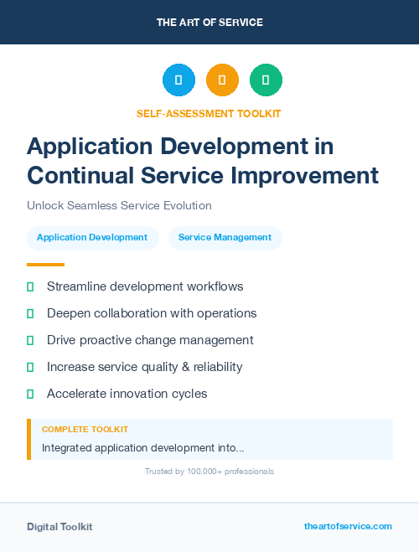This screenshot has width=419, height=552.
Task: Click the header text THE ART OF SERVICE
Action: tap(209, 23)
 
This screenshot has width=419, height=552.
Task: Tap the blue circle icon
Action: tap(178, 80)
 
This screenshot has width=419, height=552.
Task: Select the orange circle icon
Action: tap(222, 80)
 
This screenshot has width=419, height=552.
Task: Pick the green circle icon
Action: tap(266, 80)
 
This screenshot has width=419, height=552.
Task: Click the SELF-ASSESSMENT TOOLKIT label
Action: tap(209, 113)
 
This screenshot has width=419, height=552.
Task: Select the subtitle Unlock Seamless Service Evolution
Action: tap(119, 205)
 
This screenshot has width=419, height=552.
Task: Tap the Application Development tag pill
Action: tap(92, 237)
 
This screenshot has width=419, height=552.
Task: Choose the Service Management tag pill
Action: tap(225, 237)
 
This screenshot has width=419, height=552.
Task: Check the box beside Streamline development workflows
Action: tap(30, 286)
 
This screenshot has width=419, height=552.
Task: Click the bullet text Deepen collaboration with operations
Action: tap(152, 313)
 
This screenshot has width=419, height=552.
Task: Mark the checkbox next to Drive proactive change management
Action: tap(30, 340)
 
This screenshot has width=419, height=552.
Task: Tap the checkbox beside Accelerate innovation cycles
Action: tap(30, 394)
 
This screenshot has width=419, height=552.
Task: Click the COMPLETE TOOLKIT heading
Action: tap(85, 429)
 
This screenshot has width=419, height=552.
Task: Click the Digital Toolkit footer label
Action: tap(59, 527)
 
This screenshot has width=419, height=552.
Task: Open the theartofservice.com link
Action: tap(348, 526)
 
